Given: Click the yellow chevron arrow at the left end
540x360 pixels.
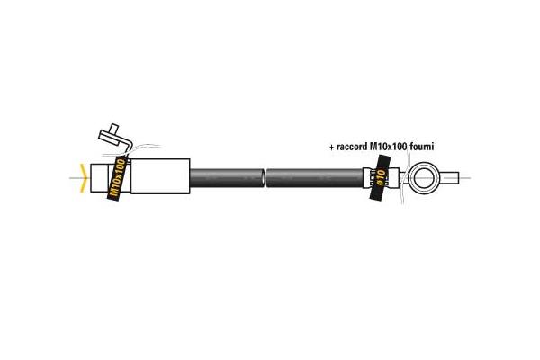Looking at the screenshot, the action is click(83, 178).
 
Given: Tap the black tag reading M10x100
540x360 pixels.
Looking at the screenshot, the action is click(117, 178).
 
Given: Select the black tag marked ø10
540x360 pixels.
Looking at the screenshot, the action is click(380, 177).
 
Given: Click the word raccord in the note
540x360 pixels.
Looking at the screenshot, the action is click(351, 147).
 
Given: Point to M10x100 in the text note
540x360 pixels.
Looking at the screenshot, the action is click(388, 147).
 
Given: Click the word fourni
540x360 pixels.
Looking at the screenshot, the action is click(422, 147).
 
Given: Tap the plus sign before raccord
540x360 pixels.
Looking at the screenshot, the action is click(331, 148).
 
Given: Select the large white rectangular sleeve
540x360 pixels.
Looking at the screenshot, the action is click(160, 176).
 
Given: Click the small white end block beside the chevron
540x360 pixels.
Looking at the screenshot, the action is click(99, 178).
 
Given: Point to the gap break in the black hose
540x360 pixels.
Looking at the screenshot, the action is click(265, 178).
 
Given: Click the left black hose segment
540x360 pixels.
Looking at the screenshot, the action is click(227, 178).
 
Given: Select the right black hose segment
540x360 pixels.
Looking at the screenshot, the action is click(315, 178).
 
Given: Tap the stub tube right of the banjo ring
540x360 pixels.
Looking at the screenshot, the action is click(449, 178).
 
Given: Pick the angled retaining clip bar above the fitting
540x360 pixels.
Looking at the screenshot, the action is click(115, 139).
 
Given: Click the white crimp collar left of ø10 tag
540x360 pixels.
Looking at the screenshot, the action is click(367, 178).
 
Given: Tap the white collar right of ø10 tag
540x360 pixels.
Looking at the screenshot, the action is click(392, 178).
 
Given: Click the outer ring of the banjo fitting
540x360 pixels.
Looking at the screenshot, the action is click(424, 164).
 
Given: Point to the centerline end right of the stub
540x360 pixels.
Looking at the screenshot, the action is click(471, 178).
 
